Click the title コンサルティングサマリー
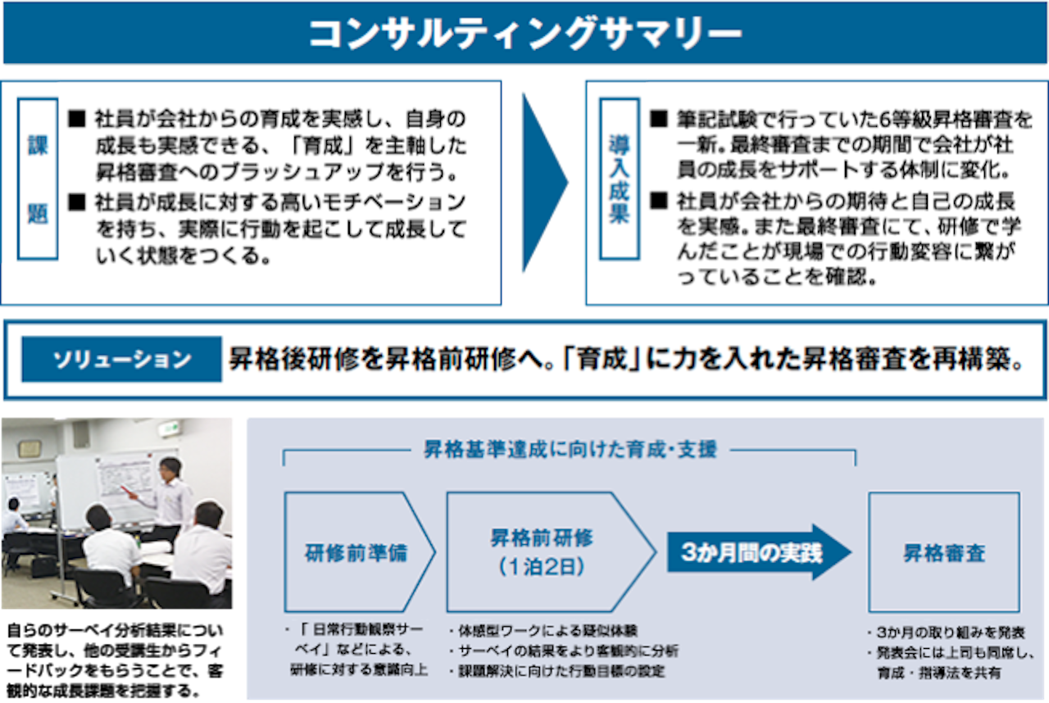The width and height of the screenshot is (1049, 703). click(525, 34)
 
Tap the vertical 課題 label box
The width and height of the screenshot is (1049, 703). click(38, 179)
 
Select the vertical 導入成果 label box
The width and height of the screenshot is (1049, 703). click(620, 179)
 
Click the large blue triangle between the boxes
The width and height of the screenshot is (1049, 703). click(545, 183)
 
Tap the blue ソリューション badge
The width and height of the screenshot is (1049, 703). click(122, 360)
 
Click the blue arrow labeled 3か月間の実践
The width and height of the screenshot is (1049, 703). click(759, 552)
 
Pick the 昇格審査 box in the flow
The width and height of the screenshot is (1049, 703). click(944, 552)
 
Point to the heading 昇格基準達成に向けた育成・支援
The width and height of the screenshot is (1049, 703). click(570, 449)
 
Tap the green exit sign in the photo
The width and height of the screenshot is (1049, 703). click(169, 429)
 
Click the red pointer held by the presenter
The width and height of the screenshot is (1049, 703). click(129, 492)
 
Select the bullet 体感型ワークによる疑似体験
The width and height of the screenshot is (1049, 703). click(543, 631)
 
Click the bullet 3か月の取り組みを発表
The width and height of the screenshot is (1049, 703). click(946, 633)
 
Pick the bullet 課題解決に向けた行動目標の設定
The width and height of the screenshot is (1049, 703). click(556, 671)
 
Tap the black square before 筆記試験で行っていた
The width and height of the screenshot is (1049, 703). click(658, 119)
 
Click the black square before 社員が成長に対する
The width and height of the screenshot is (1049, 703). click(77, 202)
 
